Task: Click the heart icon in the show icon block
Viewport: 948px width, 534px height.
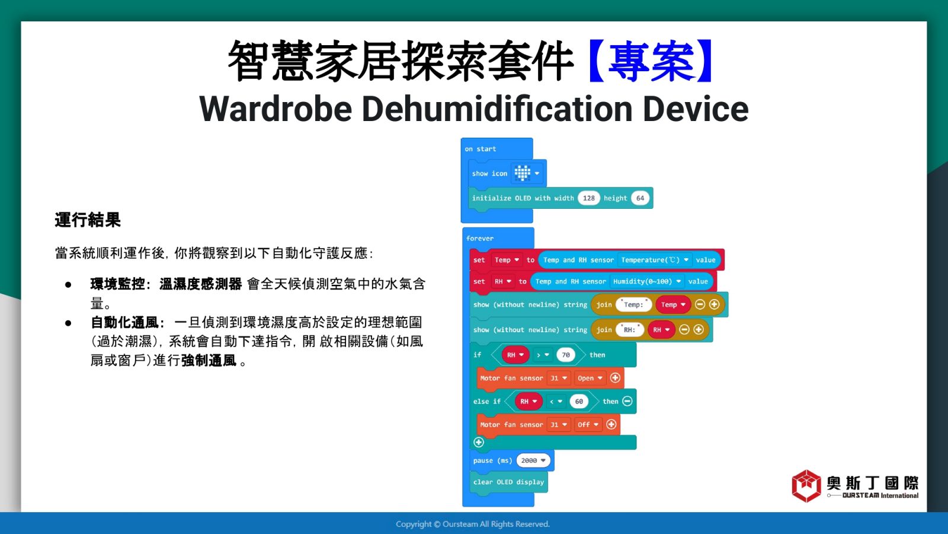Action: tap(522, 173)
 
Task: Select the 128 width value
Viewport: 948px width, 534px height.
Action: tap(589, 198)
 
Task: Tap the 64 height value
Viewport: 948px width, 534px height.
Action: tap(640, 198)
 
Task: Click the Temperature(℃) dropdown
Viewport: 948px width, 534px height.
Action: tap(655, 260)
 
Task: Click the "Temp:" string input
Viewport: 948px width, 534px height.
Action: tap(633, 304)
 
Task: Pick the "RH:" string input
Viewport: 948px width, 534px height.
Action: tap(629, 330)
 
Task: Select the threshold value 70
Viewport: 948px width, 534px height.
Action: tap(565, 355)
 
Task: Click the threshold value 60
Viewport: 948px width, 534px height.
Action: tap(578, 401)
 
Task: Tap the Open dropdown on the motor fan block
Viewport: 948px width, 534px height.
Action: tap(590, 378)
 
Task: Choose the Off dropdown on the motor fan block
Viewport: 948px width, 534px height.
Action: tap(588, 425)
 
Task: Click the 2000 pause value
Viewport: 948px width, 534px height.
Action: tap(533, 460)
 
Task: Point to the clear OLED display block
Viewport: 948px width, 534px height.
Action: tap(509, 482)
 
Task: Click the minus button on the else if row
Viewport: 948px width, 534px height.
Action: tap(627, 401)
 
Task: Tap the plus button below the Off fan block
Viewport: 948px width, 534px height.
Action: tap(479, 442)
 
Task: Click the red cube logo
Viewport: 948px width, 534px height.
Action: tap(806, 486)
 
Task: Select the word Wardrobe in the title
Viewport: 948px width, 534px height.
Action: tap(276, 109)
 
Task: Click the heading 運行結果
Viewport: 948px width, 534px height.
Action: tap(88, 220)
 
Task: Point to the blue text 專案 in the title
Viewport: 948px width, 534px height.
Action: tap(651, 60)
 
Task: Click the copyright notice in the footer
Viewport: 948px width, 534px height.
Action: tap(473, 525)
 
